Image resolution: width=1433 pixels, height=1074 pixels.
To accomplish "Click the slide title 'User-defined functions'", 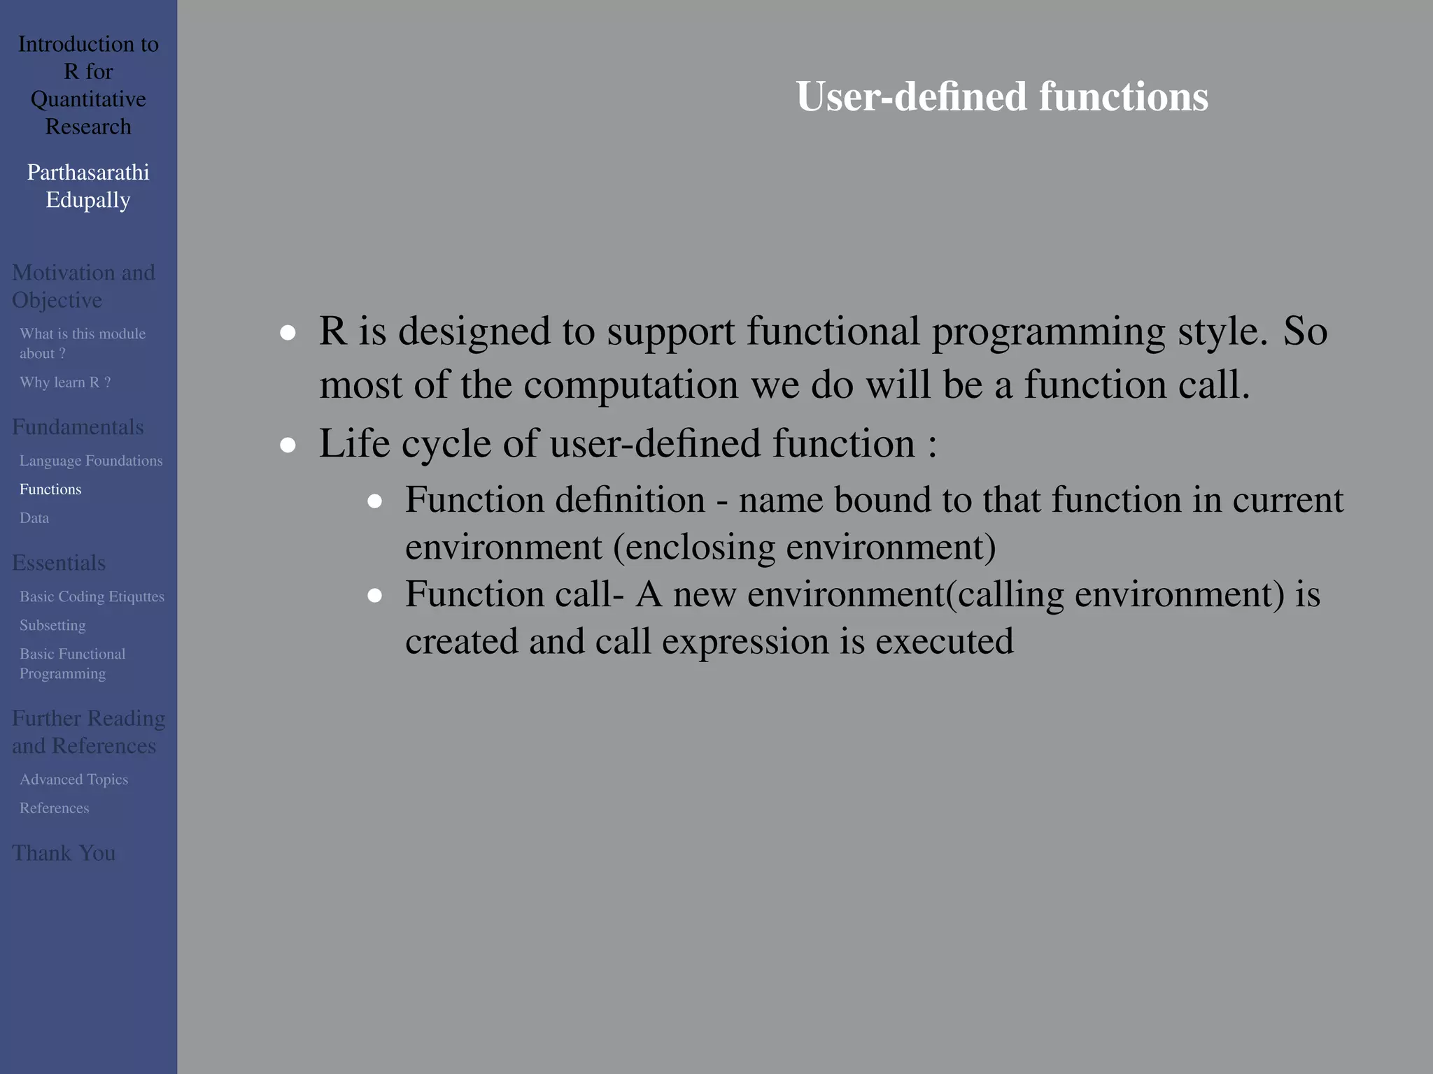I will point(1001,96).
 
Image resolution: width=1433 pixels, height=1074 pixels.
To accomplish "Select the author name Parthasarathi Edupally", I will point(88,186).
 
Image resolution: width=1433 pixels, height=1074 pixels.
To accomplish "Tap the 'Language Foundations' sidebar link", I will point(91,461).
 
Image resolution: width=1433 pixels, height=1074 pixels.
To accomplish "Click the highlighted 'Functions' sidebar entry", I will point(50,489).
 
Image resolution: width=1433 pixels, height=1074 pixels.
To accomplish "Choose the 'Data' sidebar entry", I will point(34,518).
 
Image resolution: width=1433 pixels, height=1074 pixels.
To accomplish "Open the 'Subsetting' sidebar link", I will point(52,625).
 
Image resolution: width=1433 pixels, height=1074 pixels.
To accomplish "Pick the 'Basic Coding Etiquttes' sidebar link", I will point(92,596).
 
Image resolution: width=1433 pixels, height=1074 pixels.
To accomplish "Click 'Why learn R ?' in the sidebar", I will point(65,382).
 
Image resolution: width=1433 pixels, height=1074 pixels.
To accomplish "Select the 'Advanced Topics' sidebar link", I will point(73,780).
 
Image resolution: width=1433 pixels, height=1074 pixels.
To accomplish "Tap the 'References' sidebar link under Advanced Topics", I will point(55,808).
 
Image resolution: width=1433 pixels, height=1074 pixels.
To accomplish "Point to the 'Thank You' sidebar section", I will point(64,853).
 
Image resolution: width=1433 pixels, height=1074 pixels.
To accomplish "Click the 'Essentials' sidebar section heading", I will point(59,563).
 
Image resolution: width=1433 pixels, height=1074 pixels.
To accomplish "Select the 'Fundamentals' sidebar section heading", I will point(78,427).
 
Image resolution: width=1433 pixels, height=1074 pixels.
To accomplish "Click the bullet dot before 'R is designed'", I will point(288,333).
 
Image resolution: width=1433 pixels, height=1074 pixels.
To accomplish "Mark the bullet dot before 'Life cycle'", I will point(288,445).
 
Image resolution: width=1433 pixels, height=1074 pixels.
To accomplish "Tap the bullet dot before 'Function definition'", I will point(374,501).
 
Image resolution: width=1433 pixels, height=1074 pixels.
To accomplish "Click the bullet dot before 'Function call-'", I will point(374,596).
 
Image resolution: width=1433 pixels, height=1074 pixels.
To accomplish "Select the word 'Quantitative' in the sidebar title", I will point(88,99).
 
